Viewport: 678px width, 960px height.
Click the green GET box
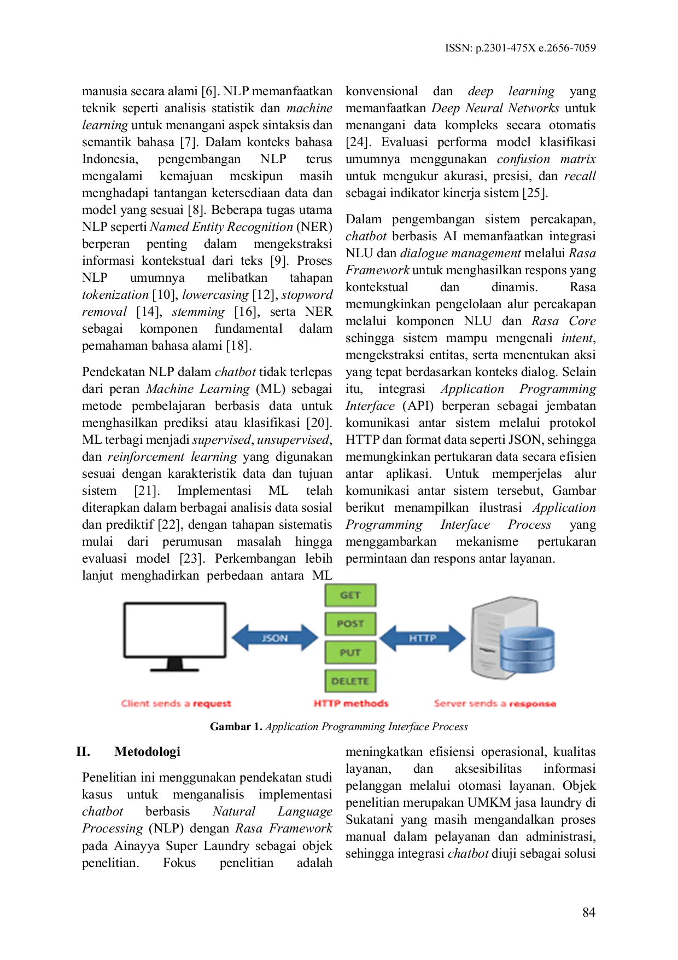pos(350,595)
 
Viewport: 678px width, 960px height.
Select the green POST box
pos(350,623)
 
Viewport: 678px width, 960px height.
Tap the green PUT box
pos(350,652)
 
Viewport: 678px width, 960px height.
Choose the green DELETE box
pos(350,681)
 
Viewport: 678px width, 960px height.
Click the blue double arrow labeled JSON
pos(274,638)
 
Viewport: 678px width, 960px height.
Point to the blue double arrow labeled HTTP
pos(422,638)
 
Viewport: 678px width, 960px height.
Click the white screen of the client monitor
pos(174,629)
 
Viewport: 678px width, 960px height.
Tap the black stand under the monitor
pos(174,665)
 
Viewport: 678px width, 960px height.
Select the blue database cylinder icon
pos(527,649)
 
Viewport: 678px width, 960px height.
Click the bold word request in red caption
pos(212,704)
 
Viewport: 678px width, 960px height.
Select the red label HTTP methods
pos(350,704)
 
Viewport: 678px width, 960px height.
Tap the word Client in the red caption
pos(135,704)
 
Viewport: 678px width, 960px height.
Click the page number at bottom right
pos(589,913)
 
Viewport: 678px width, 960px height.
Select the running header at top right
pos(520,48)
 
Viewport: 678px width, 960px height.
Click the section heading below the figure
pos(148,752)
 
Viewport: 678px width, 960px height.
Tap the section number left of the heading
pos(83,752)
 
